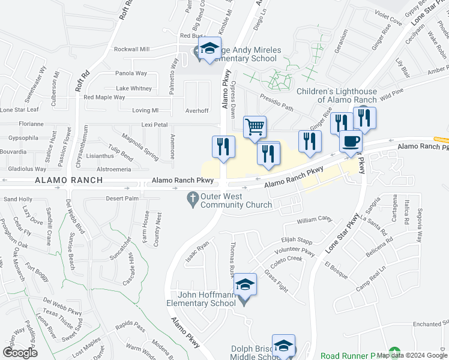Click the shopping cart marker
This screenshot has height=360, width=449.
(x=255, y=128)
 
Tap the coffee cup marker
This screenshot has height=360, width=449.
(x=351, y=142)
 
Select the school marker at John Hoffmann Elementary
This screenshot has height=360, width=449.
(x=245, y=284)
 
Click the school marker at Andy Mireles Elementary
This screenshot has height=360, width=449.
(x=210, y=49)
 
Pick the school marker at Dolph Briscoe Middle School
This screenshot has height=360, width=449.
(x=283, y=346)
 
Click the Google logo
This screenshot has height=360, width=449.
(x=19, y=352)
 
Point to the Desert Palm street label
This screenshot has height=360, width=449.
(x=122, y=199)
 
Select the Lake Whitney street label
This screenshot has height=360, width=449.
(x=134, y=88)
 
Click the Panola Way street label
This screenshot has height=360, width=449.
(x=131, y=73)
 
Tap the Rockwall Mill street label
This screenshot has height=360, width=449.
(x=131, y=49)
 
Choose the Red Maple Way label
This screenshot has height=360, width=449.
(x=104, y=97)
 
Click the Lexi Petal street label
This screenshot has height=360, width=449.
(x=154, y=125)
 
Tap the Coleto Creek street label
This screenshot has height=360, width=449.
(x=286, y=259)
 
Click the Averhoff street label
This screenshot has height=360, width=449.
(x=197, y=110)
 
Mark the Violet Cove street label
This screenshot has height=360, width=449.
(x=387, y=20)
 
